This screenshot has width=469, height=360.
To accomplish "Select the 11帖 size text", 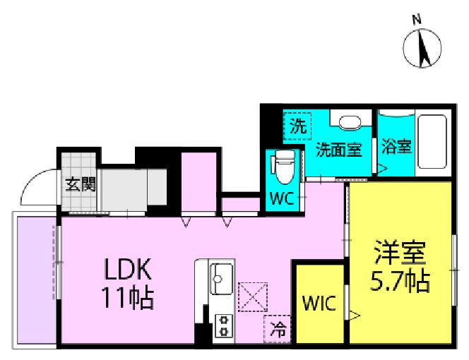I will tap(128, 299).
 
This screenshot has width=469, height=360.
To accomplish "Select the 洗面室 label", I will tap(338, 149).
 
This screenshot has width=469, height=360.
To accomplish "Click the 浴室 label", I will tap(396, 148).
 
